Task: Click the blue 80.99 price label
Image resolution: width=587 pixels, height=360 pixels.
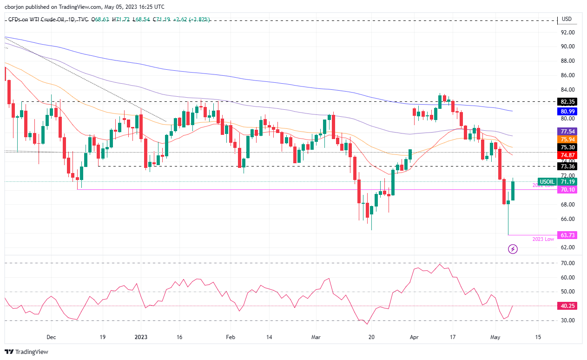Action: [568, 112]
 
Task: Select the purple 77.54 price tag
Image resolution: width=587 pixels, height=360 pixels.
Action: [568, 132]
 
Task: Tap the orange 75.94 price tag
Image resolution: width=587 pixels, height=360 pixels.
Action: [568, 140]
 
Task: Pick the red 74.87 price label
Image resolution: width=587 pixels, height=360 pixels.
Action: [568, 155]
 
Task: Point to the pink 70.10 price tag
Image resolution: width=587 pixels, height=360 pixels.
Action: [568, 190]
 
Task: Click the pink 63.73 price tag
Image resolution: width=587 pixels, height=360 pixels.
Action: [568, 235]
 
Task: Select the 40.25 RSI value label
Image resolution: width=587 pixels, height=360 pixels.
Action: [568, 307]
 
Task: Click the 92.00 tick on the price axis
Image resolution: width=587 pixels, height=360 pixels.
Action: [568, 33]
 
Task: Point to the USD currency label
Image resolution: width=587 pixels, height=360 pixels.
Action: [567, 19]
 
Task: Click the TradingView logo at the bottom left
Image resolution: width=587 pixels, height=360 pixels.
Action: [26, 352]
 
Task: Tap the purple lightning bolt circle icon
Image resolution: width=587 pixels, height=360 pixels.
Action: [513, 249]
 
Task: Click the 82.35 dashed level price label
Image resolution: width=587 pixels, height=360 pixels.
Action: [568, 101]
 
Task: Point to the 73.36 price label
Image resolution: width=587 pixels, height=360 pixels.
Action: [568, 166]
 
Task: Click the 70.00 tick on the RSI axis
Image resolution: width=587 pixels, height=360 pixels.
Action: [568, 263]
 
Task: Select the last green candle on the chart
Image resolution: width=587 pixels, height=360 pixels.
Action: [513, 191]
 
